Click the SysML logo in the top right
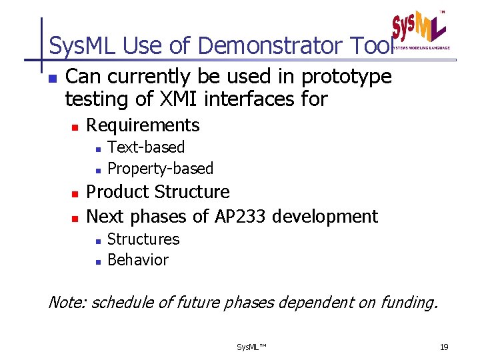[x=419, y=30]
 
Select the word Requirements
[x=143, y=125]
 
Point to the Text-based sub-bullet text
[x=146, y=147]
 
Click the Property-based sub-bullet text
[x=160, y=169]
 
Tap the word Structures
[x=143, y=239]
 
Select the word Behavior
[x=138, y=260]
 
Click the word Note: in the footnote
[x=67, y=303]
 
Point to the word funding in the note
[x=407, y=303]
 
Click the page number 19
[x=445, y=347]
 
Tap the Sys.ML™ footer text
[x=251, y=347]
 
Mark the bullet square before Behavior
[x=97, y=261]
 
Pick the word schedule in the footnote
[x=122, y=303]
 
